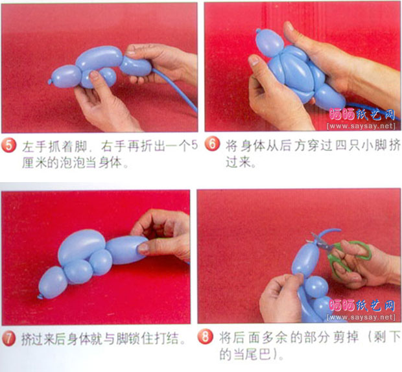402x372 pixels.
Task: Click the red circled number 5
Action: tap(8, 145)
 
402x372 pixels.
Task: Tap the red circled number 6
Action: tap(212, 144)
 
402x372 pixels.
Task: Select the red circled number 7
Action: tap(9, 339)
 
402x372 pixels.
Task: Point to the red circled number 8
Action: tap(206, 336)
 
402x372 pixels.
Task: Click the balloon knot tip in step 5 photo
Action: tap(49, 82)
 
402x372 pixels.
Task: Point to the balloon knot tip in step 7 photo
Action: tap(40, 297)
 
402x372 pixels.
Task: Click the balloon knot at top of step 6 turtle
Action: tap(258, 31)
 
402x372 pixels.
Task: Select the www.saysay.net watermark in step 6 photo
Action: tap(361, 126)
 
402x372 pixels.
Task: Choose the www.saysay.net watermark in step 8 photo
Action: tap(361, 317)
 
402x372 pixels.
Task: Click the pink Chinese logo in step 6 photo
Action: tap(362, 115)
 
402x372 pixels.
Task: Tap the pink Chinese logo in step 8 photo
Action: tap(362, 305)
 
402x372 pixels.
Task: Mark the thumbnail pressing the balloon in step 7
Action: tap(143, 247)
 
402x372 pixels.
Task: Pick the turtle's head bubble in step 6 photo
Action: tap(270, 43)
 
